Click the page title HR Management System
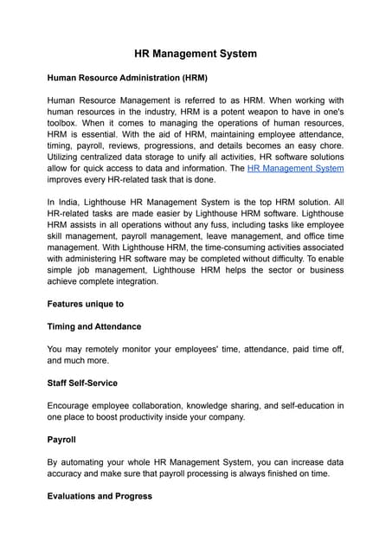[196, 54]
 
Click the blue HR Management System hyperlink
[295, 168]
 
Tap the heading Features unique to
[86, 304]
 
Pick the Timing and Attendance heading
[93, 326]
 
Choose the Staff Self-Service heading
[82, 383]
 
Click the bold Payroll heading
[62, 439]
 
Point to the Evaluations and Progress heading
[100, 496]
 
